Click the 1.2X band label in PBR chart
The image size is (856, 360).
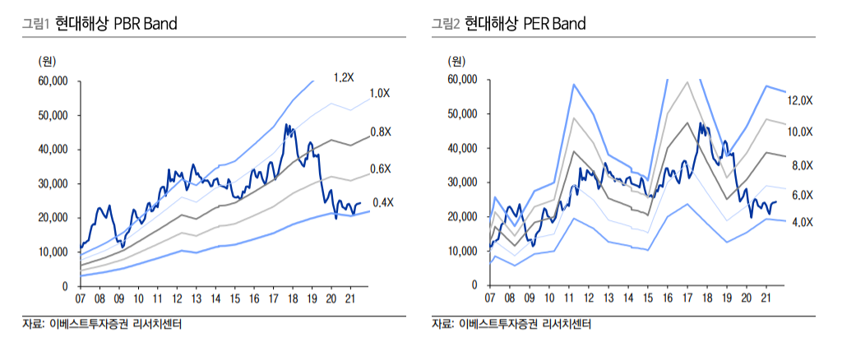point(343,77)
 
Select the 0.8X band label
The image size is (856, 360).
point(380,132)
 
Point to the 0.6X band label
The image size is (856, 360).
point(380,168)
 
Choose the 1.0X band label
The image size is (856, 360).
point(379,93)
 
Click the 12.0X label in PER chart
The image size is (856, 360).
point(799,100)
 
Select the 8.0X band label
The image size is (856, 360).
point(802,166)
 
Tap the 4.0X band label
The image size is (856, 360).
point(802,222)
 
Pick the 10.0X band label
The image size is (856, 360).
point(799,132)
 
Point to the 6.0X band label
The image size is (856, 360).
point(802,195)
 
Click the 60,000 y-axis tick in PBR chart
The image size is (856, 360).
point(53,81)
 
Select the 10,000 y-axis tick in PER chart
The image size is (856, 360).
point(463,252)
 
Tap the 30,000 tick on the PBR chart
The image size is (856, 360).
point(53,184)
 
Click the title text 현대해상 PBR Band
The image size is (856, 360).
point(116,24)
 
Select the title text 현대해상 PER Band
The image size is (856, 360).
point(525,24)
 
